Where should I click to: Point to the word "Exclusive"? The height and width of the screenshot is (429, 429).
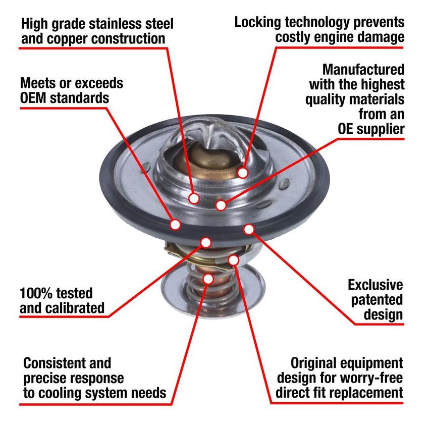(375, 285)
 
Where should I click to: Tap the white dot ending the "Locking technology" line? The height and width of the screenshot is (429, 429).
(243, 173)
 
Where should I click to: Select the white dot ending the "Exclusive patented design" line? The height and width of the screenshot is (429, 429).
(248, 229)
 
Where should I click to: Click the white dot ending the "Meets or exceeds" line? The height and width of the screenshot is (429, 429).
(175, 224)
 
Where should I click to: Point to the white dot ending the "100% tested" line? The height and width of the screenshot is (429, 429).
(205, 242)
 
